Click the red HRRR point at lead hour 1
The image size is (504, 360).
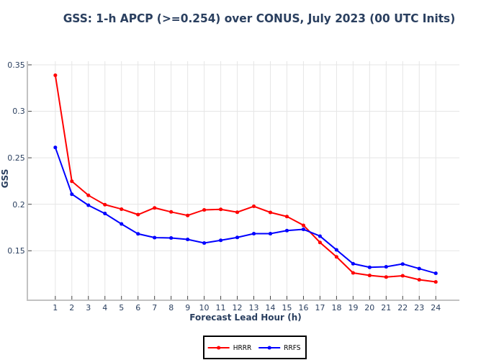(55, 75)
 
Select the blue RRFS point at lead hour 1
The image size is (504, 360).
(55, 148)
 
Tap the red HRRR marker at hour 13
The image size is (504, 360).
(253, 206)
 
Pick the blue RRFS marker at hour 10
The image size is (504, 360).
(204, 243)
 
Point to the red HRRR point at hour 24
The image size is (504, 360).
(436, 282)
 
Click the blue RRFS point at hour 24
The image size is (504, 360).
(436, 273)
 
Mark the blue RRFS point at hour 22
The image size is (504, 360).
(402, 264)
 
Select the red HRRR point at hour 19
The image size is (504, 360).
(353, 273)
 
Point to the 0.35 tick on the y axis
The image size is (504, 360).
(16, 65)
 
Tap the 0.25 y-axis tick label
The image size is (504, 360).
(16, 158)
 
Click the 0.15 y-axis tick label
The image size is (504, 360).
(16, 251)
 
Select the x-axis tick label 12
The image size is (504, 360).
(237, 307)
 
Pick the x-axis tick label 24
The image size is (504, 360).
(436, 307)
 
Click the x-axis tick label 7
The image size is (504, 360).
(154, 307)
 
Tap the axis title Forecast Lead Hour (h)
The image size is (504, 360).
(246, 318)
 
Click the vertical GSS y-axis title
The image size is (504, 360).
(6, 178)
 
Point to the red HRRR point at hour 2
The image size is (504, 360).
(71, 181)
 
